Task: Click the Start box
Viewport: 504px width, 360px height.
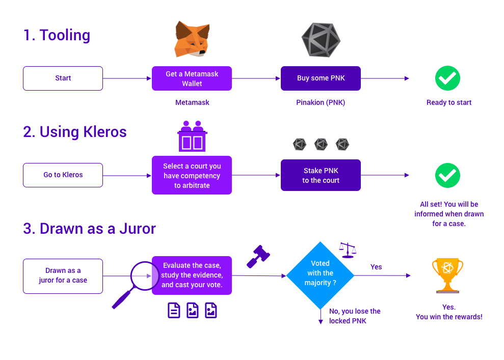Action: (63, 78)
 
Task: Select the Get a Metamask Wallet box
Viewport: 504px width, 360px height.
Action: (192, 78)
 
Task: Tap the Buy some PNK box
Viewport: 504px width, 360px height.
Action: (321, 78)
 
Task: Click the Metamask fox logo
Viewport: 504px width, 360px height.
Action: (192, 39)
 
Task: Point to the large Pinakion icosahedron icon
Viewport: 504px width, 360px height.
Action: (321, 40)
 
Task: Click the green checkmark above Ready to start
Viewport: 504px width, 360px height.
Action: (448, 78)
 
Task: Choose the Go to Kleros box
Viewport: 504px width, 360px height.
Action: (63, 175)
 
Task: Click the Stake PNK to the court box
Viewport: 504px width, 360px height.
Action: (321, 175)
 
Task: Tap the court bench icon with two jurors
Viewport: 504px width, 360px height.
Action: (192, 136)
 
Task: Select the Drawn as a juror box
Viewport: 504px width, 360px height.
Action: (63, 276)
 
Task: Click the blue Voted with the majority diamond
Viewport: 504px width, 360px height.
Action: (320, 275)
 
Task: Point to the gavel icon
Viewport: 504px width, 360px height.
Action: (258, 256)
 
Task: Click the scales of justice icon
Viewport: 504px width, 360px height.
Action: (348, 250)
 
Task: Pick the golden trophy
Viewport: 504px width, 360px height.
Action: (448, 275)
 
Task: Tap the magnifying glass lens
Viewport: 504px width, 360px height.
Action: (145, 276)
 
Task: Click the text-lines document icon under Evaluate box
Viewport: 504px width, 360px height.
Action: (174, 311)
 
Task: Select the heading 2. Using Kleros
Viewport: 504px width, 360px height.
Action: (75, 132)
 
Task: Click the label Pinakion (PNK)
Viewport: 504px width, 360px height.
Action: (321, 102)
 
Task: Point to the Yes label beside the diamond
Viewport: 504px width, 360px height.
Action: (376, 267)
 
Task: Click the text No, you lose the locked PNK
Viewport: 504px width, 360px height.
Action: (355, 316)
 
